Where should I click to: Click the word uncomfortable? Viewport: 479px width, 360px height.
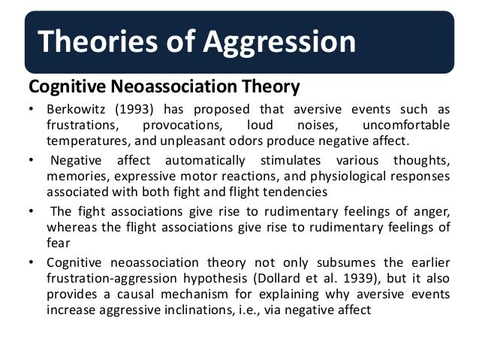point(406,125)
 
